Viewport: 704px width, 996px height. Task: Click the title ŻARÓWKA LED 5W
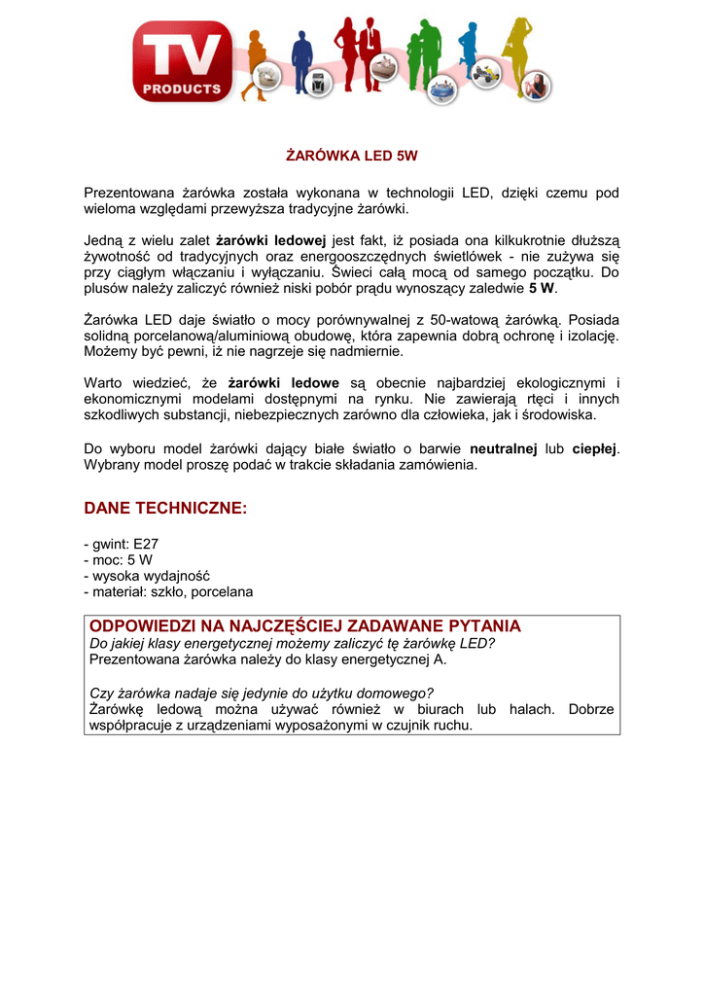click(x=351, y=156)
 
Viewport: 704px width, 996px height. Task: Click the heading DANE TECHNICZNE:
click(x=165, y=509)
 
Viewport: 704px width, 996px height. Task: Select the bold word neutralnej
click(x=504, y=449)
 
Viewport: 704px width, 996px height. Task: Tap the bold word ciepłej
click(x=593, y=449)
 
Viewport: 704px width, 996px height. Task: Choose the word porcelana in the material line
click(x=223, y=591)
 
